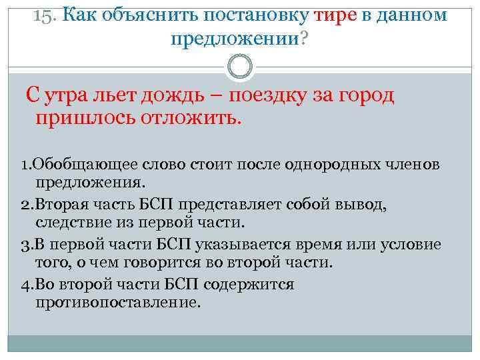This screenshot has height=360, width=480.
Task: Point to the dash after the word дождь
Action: [x=219, y=97]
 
